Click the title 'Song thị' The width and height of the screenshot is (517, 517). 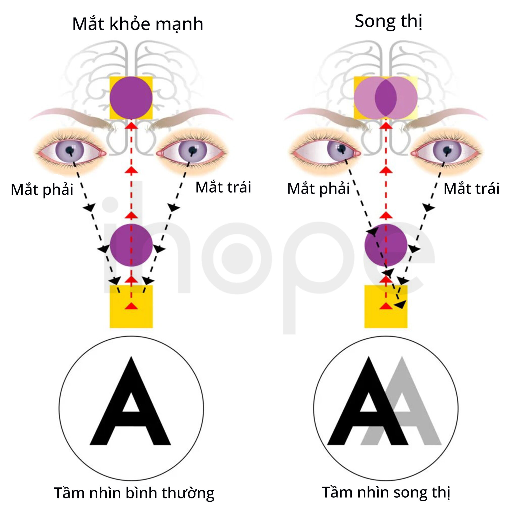388,21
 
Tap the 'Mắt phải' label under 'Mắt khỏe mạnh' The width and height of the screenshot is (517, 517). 42,190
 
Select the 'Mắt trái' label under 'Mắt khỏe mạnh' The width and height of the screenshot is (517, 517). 223,187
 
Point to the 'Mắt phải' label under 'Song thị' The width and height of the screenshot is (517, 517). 319,188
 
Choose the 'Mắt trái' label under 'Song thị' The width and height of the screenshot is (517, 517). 471,188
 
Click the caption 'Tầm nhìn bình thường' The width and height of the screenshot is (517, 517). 134,493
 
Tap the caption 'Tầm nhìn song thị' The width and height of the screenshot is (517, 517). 386,492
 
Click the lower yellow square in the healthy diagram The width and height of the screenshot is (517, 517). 131,307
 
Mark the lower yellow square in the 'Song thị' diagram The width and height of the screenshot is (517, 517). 386,307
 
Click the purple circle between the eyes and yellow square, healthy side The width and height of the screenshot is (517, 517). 131,245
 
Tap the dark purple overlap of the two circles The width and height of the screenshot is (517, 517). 386,98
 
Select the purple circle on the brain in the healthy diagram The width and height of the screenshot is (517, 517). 131,98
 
